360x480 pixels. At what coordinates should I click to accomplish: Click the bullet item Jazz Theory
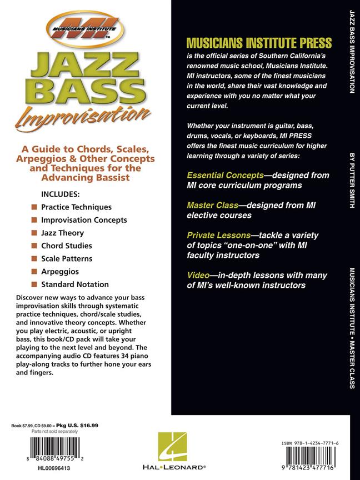62,233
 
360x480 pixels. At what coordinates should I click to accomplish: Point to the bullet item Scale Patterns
67,258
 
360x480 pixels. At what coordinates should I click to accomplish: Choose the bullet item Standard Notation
74,284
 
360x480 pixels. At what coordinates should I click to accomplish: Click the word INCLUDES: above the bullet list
61,194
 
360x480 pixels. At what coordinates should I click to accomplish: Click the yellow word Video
199,276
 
